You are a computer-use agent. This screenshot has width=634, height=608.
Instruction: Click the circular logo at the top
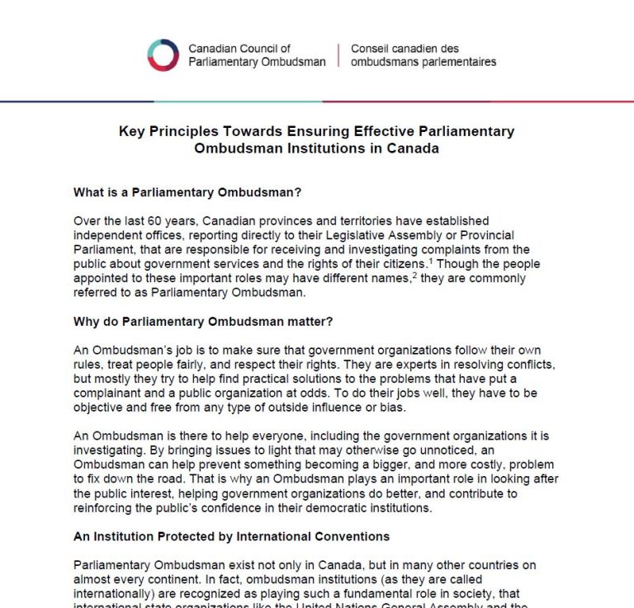click(163, 55)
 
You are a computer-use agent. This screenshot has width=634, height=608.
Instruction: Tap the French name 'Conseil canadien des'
click(405, 49)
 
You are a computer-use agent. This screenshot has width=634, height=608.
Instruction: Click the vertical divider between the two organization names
click(338, 55)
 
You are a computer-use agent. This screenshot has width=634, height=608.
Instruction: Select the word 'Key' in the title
click(131, 131)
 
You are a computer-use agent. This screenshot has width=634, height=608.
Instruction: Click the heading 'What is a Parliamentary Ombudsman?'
click(187, 193)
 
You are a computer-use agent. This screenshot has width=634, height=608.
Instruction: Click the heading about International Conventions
click(231, 536)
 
